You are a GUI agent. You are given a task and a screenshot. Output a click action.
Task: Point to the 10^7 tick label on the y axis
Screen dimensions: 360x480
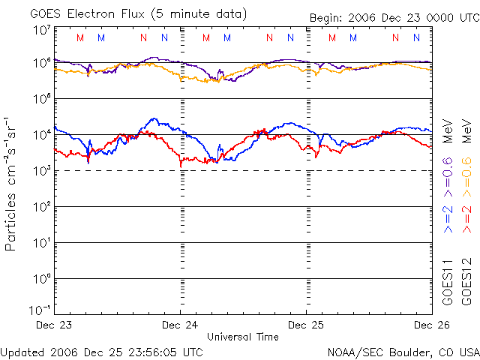click(41, 30)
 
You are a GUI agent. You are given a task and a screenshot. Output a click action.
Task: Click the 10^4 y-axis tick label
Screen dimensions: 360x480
click(41, 135)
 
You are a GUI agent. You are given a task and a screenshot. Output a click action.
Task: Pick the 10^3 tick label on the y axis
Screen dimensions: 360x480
click(41, 171)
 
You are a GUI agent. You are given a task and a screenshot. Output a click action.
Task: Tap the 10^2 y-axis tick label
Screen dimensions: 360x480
click(41, 207)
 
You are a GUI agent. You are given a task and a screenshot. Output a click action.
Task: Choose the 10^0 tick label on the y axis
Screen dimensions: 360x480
click(41, 279)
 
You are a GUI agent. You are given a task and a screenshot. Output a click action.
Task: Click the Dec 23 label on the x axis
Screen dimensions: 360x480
click(54, 325)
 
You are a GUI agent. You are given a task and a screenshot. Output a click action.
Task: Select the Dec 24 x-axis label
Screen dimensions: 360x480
click(180, 325)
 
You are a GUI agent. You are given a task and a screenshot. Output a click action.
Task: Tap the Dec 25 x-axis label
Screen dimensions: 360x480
click(306, 325)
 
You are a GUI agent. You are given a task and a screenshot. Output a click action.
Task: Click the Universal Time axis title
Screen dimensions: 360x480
click(243, 337)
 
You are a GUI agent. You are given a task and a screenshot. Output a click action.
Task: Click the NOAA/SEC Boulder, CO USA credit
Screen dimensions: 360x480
click(403, 352)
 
